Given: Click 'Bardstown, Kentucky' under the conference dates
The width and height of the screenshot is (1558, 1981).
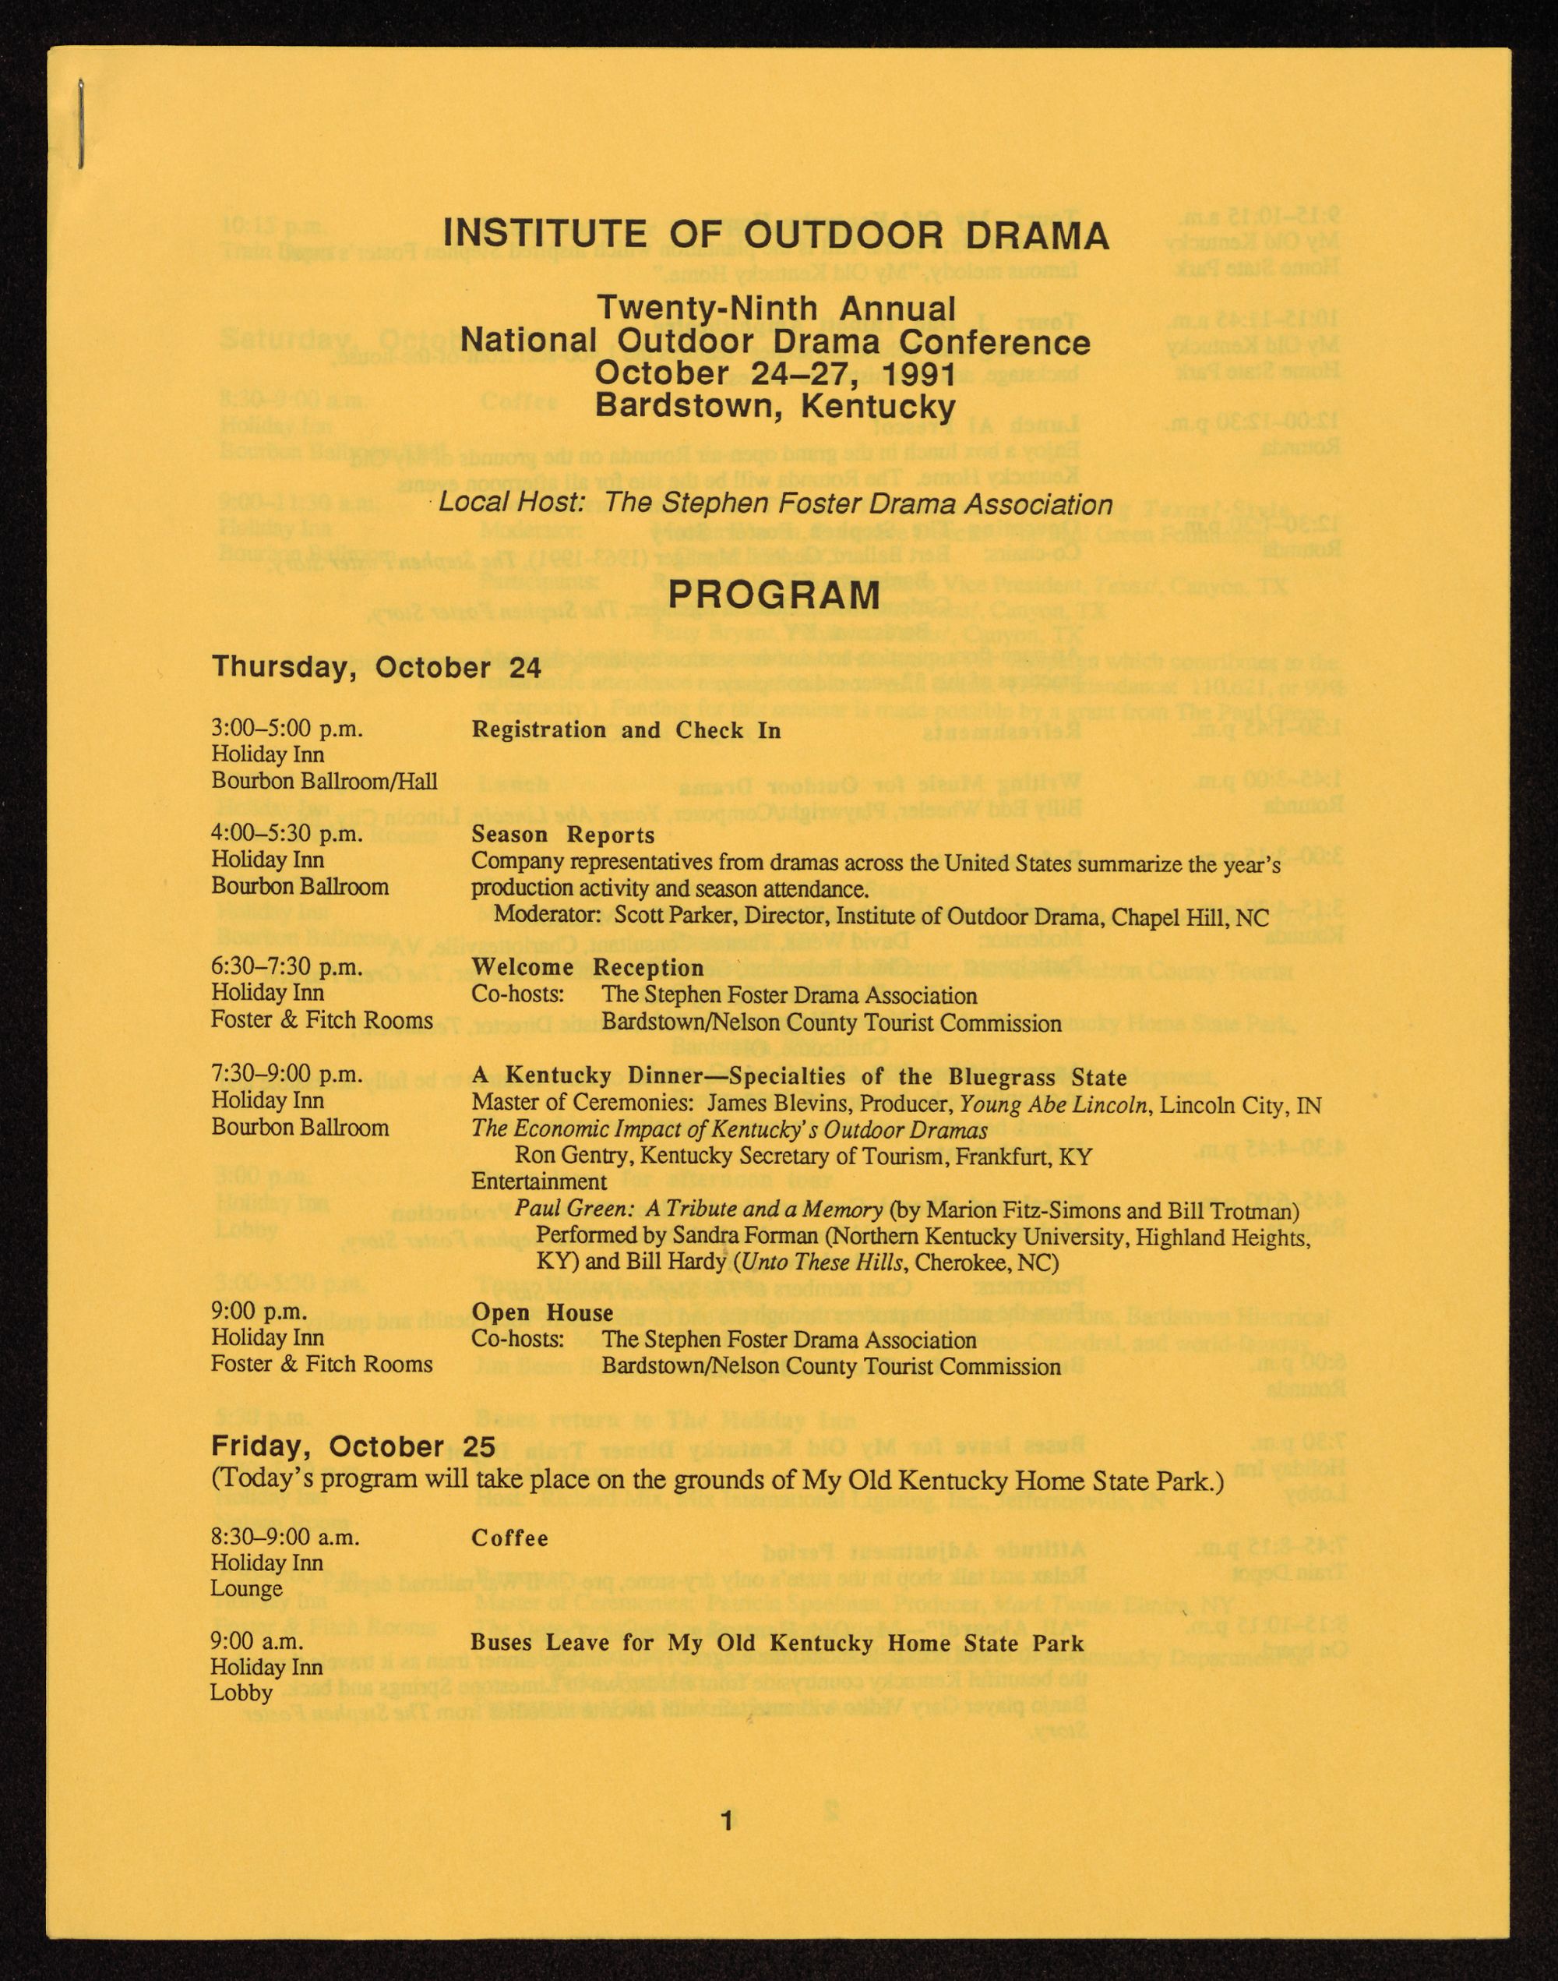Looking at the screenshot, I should [x=774, y=404].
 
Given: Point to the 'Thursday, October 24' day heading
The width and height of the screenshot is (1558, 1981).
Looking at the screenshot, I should [x=375, y=666].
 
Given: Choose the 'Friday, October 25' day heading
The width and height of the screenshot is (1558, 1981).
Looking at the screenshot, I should [x=353, y=1447].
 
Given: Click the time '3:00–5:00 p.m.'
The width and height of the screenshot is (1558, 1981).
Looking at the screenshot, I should [x=287, y=729].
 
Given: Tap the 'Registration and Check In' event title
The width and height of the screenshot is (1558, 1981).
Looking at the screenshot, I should [x=626, y=730].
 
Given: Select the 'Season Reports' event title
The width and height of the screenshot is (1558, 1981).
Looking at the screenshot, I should [x=562, y=835].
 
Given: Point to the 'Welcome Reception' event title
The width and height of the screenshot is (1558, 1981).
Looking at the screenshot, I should [x=587, y=967].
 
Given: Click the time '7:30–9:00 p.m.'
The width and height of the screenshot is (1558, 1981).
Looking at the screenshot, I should [x=287, y=1074].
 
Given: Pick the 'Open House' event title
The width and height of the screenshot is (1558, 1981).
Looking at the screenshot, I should [x=542, y=1313].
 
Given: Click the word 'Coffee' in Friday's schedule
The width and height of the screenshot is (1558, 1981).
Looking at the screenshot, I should [x=510, y=1538].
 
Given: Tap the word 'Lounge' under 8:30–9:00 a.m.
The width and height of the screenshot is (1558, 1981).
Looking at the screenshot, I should [x=246, y=1589].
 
